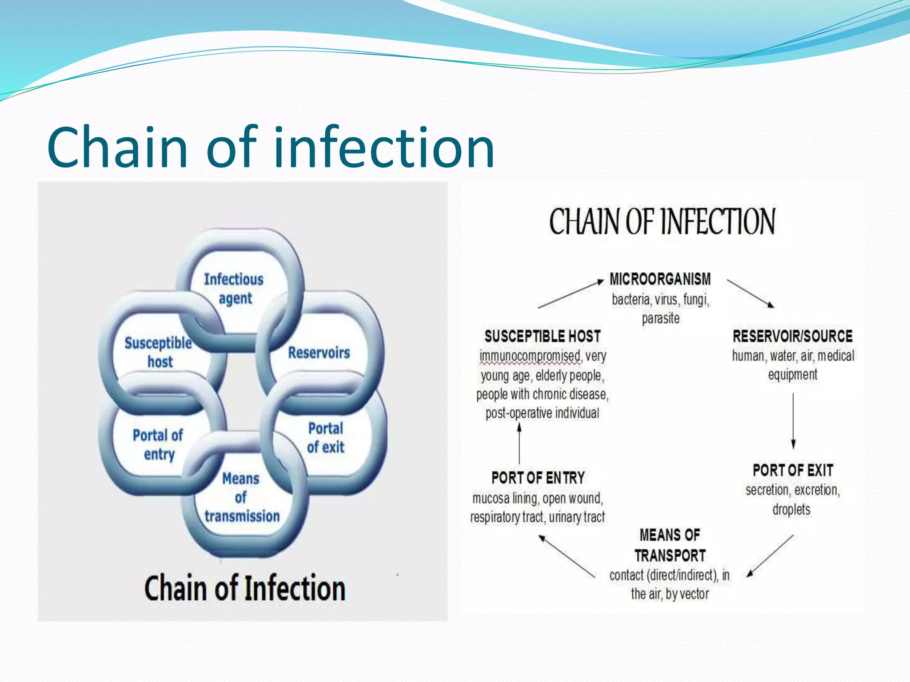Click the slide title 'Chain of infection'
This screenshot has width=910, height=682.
[271, 147]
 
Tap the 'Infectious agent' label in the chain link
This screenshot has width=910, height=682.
[234, 289]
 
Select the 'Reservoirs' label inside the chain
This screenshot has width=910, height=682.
[319, 353]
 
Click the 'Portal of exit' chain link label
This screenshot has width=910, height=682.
[325, 438]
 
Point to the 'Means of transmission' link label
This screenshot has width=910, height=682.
[242, 497]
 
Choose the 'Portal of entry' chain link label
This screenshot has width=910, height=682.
[158, 444]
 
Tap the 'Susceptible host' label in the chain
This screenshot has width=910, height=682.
[159, 352]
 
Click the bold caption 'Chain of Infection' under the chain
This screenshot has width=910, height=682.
[244, 588]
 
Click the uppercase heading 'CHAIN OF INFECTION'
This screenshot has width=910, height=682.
[662, 222]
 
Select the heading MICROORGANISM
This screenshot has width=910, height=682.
[660, 279]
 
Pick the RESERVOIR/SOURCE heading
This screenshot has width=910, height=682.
[792, 336]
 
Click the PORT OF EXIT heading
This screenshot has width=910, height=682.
[793, 470]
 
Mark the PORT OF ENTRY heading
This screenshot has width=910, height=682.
[538, 478]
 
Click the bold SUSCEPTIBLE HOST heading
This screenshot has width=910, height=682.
[543, 336]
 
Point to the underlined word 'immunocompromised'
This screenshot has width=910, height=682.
[530, 356]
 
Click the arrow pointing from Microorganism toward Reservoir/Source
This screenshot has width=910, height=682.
[750, 293]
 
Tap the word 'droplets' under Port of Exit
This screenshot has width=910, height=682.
[791, 509]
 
